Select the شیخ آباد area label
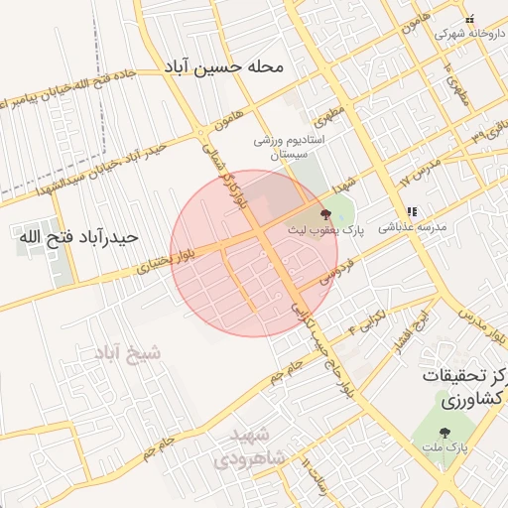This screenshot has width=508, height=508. pos(127,353)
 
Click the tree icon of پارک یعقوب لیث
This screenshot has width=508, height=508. pos(326,214)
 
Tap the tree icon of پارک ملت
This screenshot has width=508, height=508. pos(444,433)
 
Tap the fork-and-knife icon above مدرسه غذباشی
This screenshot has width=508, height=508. pos(412,211)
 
